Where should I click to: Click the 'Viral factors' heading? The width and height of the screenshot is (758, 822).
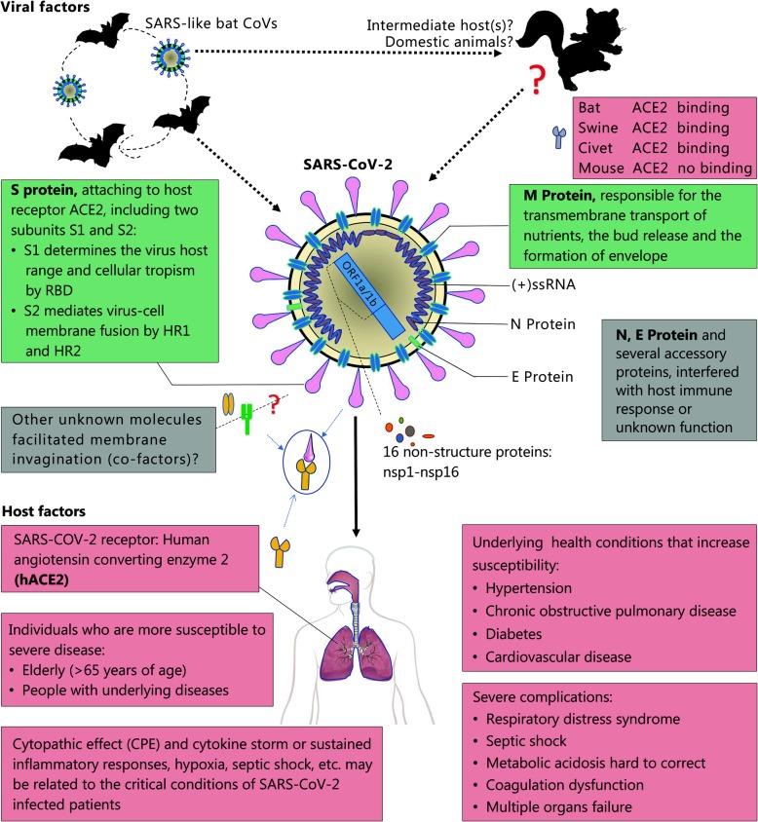point(46,8)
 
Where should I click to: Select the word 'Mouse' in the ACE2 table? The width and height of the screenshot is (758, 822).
point(599,168)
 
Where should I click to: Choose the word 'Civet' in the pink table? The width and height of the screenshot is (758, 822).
point(596,147)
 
